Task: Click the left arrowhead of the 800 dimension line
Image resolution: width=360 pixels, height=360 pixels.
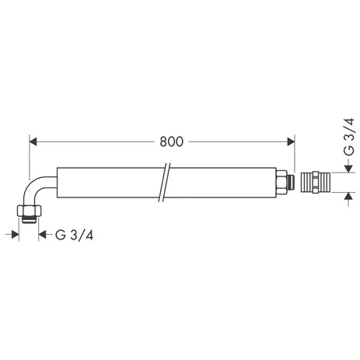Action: pos(34,142)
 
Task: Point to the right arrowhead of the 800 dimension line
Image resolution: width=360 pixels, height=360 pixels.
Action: pos(290,142)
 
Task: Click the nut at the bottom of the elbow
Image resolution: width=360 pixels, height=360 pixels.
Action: pos(30,211)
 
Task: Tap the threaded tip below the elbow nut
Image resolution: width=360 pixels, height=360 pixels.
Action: pos(30,219)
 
